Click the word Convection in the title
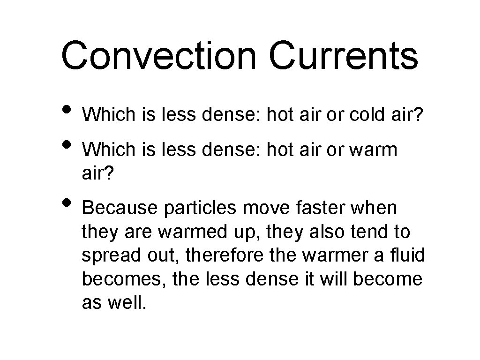pos(159,56)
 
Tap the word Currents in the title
pos(343,56)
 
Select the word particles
pos(199,208)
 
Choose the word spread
pos(108,255)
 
